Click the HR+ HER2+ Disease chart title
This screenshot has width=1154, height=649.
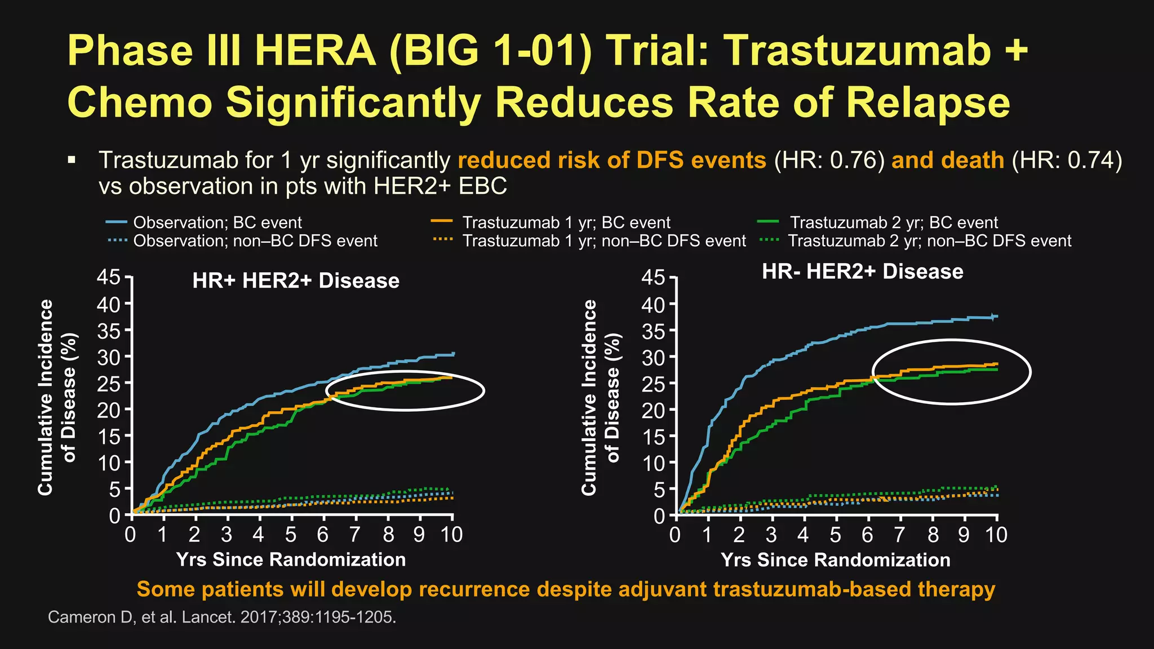coord(296,281)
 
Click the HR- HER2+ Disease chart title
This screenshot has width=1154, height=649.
coord(862,272)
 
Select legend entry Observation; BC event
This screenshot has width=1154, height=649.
coord(218,223)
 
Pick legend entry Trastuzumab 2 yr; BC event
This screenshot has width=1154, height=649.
coord(893,223)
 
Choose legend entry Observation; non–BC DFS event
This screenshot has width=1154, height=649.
coord(255,241)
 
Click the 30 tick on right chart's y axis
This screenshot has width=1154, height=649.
coord(653,357)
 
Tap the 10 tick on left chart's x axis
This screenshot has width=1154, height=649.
coord(451,534)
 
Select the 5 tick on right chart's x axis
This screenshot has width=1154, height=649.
coord(836,534)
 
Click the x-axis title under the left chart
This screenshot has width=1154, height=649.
coord(291,559)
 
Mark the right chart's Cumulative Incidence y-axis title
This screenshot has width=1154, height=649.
coord(589,397)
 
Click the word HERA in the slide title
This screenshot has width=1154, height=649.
coord(316,51)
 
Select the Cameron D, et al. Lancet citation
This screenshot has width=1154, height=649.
coord(222,617)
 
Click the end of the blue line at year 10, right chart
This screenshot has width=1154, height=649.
coord(996,317)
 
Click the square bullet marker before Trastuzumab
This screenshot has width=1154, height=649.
coord(71,161)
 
